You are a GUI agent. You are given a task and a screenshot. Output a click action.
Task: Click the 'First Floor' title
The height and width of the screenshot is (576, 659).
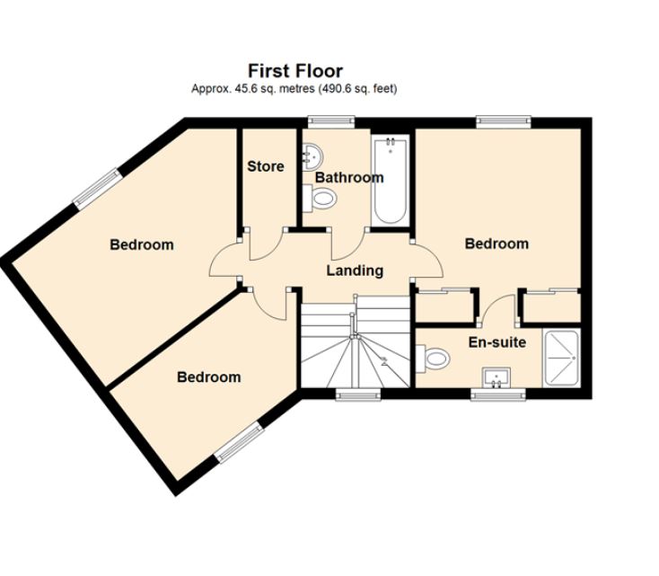(294, 71)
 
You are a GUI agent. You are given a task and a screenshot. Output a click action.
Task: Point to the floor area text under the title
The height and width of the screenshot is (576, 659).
(294, 89)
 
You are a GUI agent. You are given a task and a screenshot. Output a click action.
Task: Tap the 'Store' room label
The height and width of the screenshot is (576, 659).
(266, 166)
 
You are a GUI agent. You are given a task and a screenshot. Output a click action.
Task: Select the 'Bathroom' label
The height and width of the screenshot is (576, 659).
(348, 178)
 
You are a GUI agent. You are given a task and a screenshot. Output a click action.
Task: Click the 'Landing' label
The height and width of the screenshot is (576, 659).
(355, 270)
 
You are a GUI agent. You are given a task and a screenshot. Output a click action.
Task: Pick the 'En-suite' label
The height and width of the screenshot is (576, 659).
(497, 342)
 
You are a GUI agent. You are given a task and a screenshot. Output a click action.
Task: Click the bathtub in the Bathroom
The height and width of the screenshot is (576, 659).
(391, 180)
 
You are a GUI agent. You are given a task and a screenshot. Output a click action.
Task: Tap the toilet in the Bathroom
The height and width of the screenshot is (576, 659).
(322, 199)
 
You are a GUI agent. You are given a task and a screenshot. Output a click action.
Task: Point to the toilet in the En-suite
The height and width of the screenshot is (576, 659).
(435, 359)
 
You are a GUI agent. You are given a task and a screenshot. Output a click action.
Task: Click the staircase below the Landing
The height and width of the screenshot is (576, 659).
(355, 346)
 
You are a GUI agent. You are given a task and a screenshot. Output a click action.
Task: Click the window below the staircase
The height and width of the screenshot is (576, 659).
(358, 394)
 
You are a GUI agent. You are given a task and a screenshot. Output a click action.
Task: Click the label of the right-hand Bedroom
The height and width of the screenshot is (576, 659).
(496, 244)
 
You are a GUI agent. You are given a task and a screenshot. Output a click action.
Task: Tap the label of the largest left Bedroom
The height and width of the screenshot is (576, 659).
(141, 244)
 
